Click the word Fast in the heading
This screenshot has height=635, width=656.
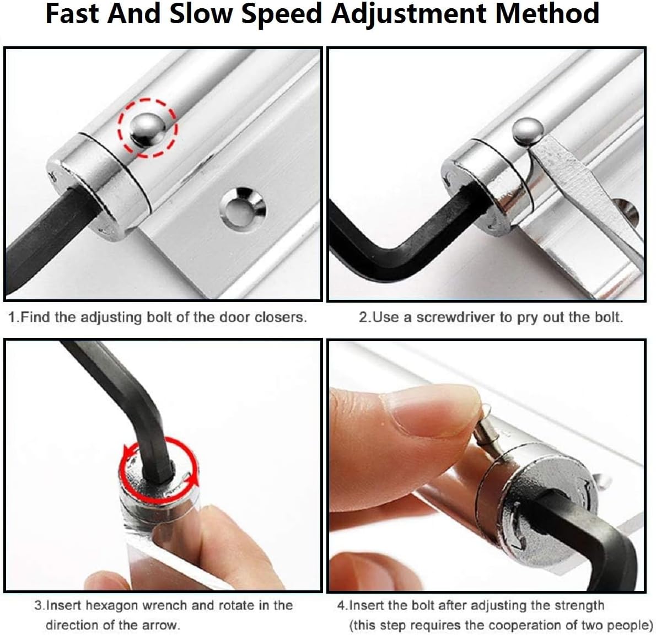click(x=72, y=13)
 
